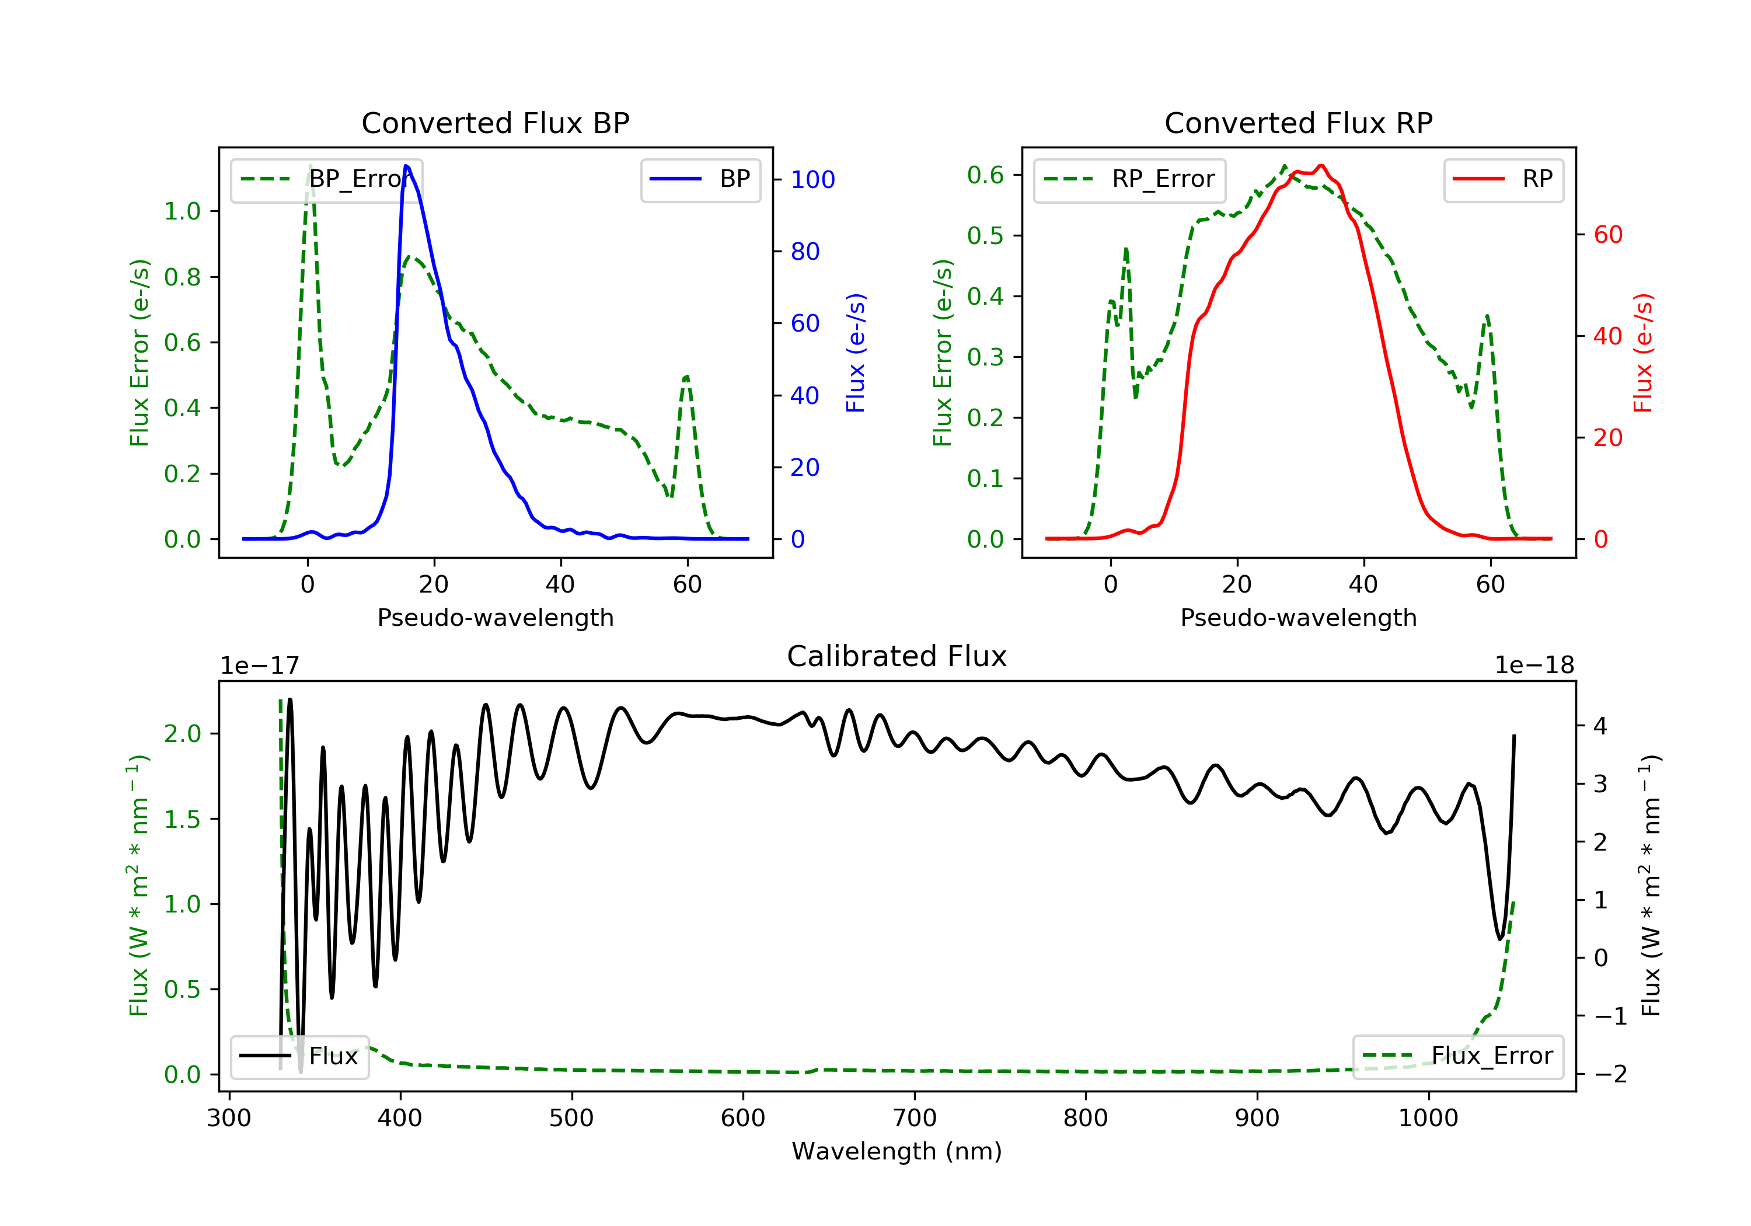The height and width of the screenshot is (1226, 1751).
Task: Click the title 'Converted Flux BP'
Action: [x=496, y=123]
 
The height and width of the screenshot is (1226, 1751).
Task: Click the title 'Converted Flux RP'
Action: [x=1299, y=123]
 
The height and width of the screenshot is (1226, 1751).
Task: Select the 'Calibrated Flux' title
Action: [x=897, y=656]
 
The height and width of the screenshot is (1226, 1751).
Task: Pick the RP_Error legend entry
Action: [x=1129, y=179]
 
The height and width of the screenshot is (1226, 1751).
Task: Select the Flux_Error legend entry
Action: [x=1458, y=1056]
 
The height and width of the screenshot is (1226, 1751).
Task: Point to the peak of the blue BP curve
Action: [x=406, y=166]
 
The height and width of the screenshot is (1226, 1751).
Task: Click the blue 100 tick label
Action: [x=813, y=179]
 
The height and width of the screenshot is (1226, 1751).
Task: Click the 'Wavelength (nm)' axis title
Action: [x=897, y=1151]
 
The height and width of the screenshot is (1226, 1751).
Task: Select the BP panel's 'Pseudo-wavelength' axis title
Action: [x=496, y=617]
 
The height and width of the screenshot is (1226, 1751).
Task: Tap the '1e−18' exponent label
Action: [x=1534, y=666]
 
